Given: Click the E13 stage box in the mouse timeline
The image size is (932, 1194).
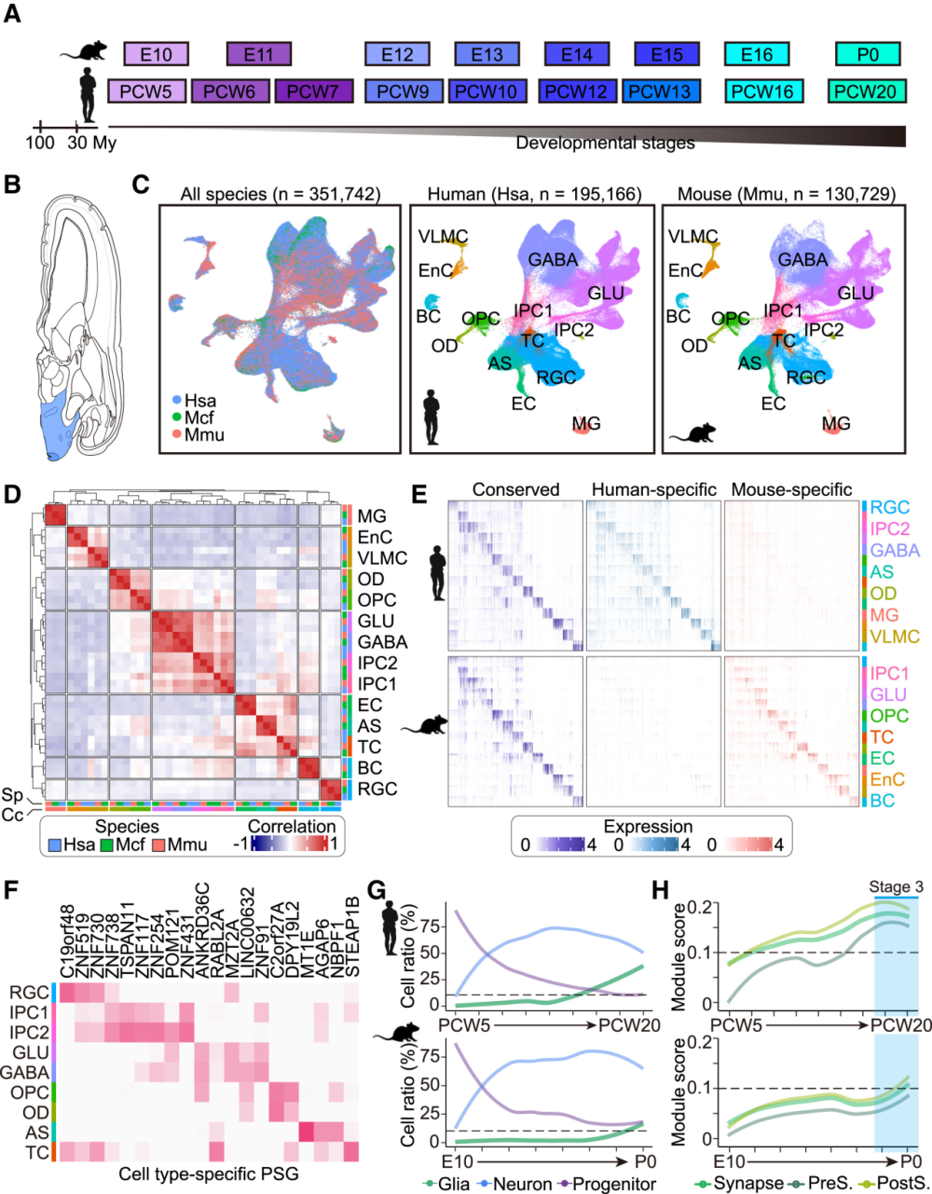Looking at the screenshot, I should (487, 55).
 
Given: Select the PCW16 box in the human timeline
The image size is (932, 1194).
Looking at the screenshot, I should (757, 91).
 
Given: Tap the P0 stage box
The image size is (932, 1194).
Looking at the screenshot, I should (868, 55).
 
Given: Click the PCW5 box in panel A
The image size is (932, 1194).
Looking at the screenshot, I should (146, 91).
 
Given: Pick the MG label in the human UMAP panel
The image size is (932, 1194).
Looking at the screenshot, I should (585, 424).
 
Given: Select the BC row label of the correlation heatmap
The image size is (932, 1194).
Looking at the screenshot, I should (371, 768).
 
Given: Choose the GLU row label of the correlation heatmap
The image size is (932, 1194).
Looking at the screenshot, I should (376, 621).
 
